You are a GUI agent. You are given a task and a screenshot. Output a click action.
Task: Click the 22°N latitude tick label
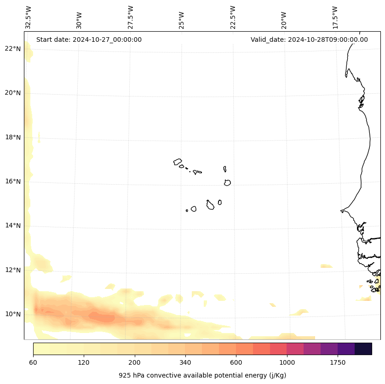(x=12, y=49)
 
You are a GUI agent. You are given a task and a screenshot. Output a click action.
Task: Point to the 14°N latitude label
(x=12, y=226)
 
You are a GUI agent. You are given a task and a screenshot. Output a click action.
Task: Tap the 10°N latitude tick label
(x=12, y=314)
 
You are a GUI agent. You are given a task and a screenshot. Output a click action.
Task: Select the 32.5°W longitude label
(x=29, y=17)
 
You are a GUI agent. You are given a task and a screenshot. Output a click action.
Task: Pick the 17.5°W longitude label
(x=335, y=17)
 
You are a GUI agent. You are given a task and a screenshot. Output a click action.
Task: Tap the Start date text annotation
(x=89, y=40)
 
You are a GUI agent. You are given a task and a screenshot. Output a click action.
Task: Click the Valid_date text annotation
(x=309, y=40)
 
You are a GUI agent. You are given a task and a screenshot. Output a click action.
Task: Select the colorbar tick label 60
(x=33, y=363)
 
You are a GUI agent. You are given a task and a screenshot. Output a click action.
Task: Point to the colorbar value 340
(x=185, y=363)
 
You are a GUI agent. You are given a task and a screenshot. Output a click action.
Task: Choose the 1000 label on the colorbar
(x=287, y=363)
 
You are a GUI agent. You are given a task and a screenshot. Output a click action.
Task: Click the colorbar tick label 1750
(x=338, y=363)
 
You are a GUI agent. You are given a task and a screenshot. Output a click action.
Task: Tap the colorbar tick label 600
(x=236, y=363)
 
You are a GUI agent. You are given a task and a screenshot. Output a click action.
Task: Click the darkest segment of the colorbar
(x=363, y=349)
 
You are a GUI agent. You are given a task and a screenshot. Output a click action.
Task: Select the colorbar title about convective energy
(x=202, y=375)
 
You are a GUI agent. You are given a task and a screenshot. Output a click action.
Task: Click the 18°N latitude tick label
(x=12, y=137)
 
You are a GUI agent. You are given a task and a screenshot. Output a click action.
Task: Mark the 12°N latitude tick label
(x=12, y=270)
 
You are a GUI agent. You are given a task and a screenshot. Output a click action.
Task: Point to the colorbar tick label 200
(x=135, y=363)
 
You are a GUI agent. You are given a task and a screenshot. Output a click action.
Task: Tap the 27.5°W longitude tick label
(x=131, y=17)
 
